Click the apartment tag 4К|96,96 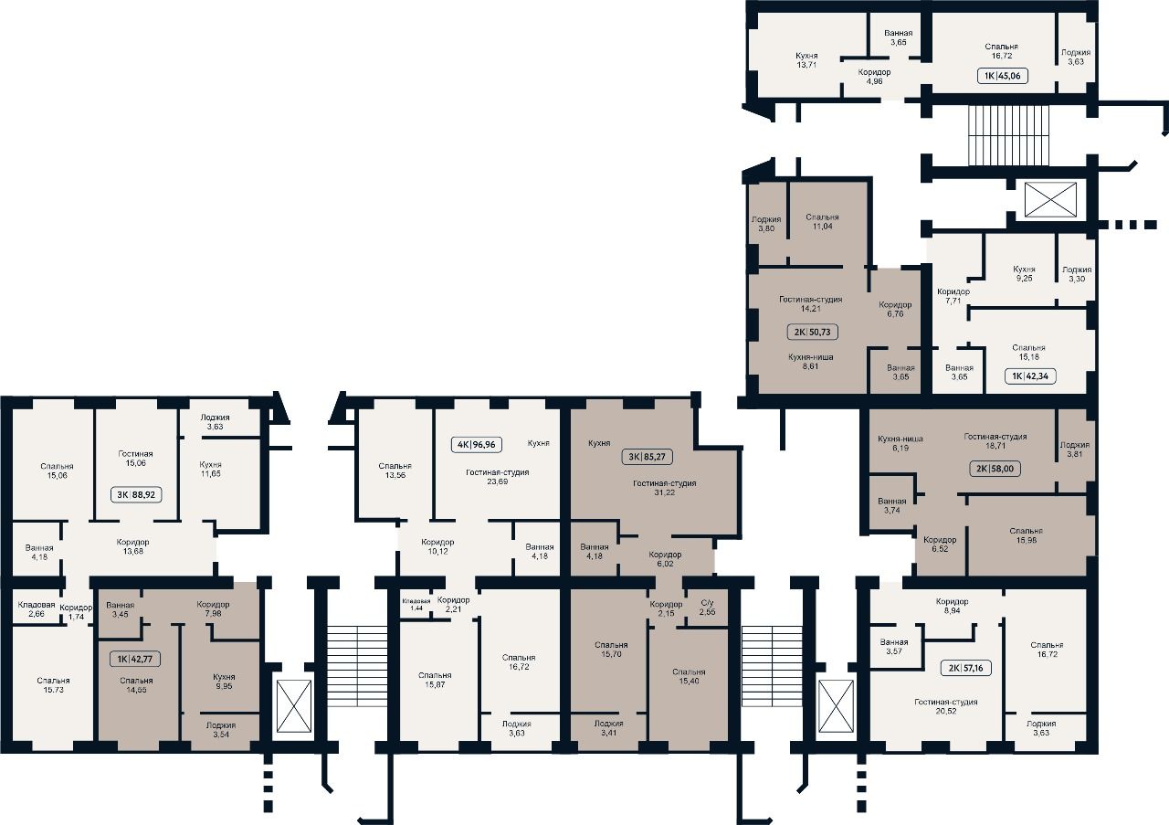pos(476,444)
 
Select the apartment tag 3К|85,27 pos(647,457)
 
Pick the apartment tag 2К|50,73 pos(812,332)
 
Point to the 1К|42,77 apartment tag pos(134,659)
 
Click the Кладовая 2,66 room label pos(36,608)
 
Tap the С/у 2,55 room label pos(707,608)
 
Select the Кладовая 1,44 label pos(416,605)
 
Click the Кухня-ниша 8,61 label pos(810,361)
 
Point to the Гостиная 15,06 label pos(135,458)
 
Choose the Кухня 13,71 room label pos(806,60)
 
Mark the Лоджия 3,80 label pos(766,224)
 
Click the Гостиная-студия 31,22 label pos(664,488)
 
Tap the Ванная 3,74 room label pos(892,505)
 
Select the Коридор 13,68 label pos(133,546)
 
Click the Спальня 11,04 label pos(822,221)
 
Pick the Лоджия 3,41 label pos(608,728)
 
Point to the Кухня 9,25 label pos(1024,273)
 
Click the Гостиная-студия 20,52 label pos(945,706)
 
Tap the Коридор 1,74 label pos(76,612)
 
